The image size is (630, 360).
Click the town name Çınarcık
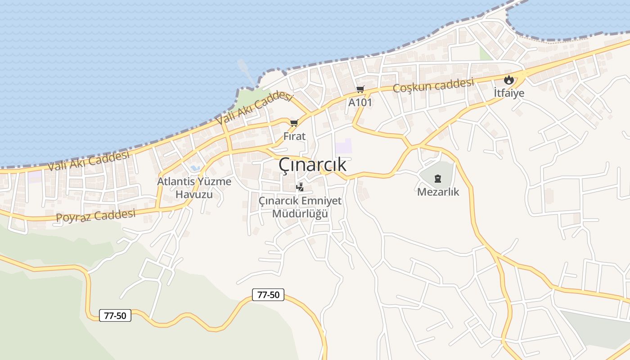click(x=312, y=165)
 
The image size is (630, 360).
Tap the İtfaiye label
click(x=509, y=93)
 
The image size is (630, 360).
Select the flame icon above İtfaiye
click(x=509, y=80)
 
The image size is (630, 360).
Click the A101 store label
click(x=360, y=102)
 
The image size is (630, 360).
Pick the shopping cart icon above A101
click(x=360, y=89)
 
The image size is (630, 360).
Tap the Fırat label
click(x=294, y=136)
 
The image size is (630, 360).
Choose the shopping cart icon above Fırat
click(x=294, y=123)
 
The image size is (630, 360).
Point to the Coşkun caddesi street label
click(x=433, y=85)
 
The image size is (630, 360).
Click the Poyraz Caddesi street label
click(x=95, y=216)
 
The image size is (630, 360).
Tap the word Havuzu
click(x=194, y=194)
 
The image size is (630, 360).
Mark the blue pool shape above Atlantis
click(x=195, y=168)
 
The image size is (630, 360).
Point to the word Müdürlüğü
click(x=300, y=214)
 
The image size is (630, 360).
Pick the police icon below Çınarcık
click(x=300, y=187)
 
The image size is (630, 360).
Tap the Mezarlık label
click(x=438, y=192)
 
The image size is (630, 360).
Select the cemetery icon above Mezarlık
click(x=438, y=179)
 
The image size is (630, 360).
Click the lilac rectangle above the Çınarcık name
click(x=343, y=146)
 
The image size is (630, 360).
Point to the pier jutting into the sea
click(x=246, y=70)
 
